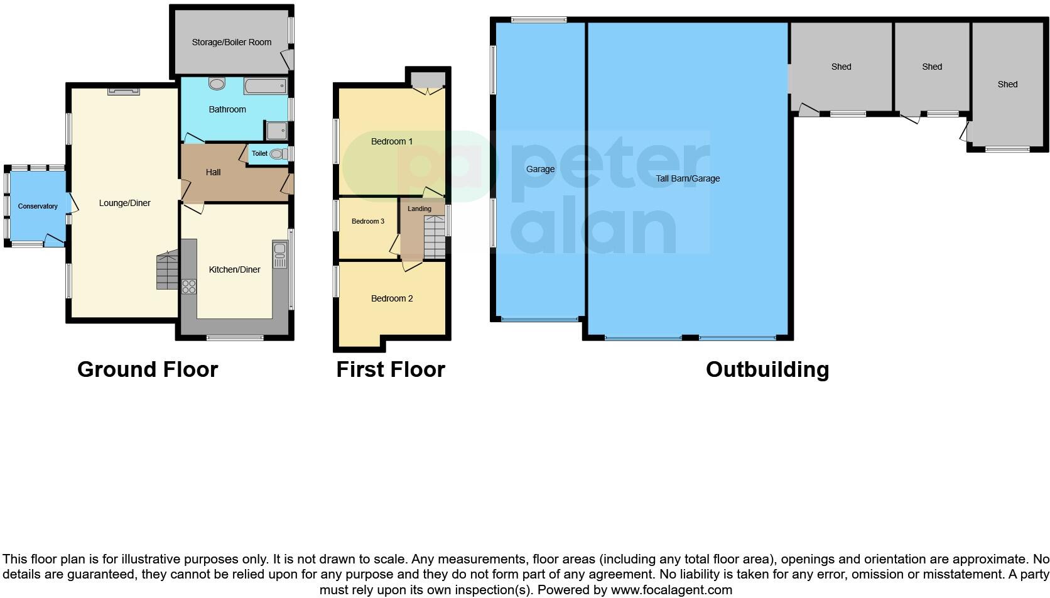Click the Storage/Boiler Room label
(231, 42)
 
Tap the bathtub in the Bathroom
(265, 86)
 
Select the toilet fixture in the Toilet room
(277, 153)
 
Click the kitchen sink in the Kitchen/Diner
(279, 255)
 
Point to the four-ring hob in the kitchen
(188, 287)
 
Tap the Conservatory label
(38, 206)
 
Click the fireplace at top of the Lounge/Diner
(123, 91)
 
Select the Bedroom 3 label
(367, 221)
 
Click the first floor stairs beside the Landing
(434, 237)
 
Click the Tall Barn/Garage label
(688, 178)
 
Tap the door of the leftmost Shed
(808, 111)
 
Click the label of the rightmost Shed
(1007, 84)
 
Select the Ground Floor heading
(148, 369)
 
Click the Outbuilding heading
(767, 369)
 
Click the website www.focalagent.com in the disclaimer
(671, 590)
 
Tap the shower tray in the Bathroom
(276, 131)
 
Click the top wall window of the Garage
(539, 20)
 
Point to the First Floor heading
(390, 369)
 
